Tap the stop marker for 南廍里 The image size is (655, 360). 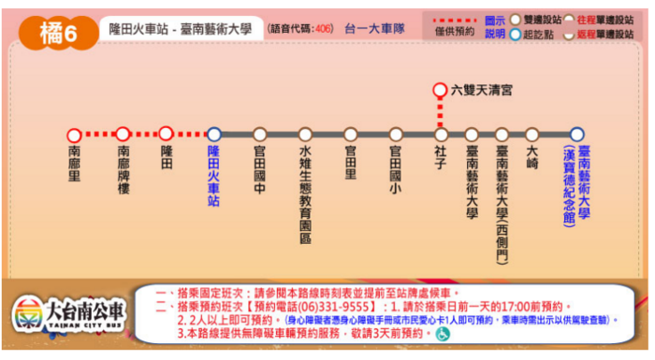pyautogui.click(x=75, y=135)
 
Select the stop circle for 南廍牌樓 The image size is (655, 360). pyautogui.click(x=122, y=135)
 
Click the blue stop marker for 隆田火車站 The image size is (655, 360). pyautogui.click(x=213, y=135)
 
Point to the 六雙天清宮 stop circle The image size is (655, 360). pyautogui.click(x=440, y=91)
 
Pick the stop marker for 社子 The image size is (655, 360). pyautogui.click(x=441, y=135)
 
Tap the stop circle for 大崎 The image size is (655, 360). pyautogui.click(x=531, y=135)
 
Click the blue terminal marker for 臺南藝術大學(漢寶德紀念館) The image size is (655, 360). pyautogui.click(x=576, y=135)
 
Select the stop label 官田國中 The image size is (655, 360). pyautogui.click(x=260, y=169)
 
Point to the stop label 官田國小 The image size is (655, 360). pyautogui.click(x=396, y=169)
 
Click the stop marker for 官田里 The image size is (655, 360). pyautogui.click(x=351, y=135)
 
